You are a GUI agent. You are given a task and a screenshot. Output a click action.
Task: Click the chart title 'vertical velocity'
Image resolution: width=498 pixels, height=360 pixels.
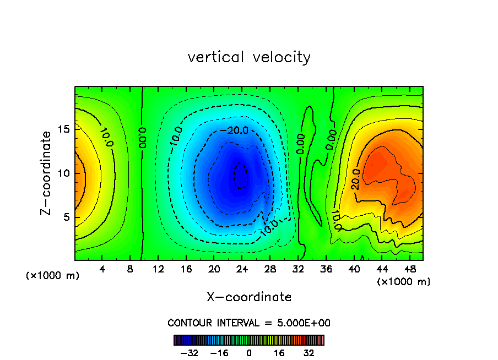(x=249, y=57)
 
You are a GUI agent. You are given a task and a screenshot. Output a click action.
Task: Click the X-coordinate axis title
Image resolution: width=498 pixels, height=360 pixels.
(x=249, y=297)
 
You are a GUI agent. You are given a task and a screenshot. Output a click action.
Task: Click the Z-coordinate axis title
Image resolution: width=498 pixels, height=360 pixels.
(x=47, y=173)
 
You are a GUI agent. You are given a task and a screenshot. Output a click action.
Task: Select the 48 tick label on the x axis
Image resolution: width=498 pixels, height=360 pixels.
(x=409, y=269)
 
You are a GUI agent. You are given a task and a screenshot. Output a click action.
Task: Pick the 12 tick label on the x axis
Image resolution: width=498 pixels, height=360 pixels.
(x=158, y=269)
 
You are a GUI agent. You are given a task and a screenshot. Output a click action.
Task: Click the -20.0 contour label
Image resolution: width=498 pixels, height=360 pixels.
(x=238, y=130)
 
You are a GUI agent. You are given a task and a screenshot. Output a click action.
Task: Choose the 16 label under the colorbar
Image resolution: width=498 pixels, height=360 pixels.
(x=279, y=353)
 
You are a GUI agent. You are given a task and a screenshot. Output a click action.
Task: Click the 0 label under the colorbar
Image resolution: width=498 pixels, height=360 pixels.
(x=249, y=353)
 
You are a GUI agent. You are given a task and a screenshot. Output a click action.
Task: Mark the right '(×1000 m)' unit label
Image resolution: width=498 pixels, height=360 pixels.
(x=403, y=282)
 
